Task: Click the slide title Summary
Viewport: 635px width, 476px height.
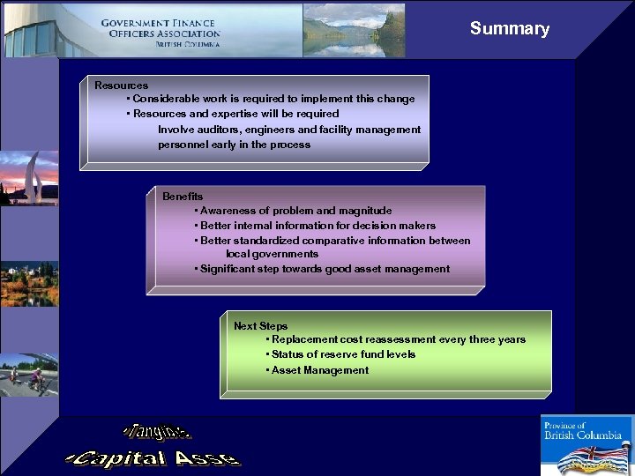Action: (x=509, y=28)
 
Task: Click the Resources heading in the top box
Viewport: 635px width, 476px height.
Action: (x=121, y=86)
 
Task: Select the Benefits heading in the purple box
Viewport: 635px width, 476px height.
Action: (x=183, y=197)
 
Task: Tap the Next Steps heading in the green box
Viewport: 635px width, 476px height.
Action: (x=260, y=326)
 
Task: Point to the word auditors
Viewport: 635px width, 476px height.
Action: (x=220, y=130)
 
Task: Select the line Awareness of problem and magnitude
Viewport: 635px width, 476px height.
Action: (x=295, y=211)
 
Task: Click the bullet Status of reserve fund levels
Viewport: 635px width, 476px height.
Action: (x=342, y=354)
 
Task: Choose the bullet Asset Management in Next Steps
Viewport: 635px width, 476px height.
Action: (x=319, y=370)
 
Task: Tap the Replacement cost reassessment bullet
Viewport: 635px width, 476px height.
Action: (x=397, y=339)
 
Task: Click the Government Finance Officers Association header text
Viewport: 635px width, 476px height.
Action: (x=160, y=33)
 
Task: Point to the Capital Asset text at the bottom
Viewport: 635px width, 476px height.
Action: (x=152, y=457)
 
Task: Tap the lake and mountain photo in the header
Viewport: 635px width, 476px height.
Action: (x=354, y=30)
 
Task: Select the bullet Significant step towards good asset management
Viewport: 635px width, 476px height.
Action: (x=324, y=269)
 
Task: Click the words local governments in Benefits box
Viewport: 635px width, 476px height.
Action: (x=272, y=254)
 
